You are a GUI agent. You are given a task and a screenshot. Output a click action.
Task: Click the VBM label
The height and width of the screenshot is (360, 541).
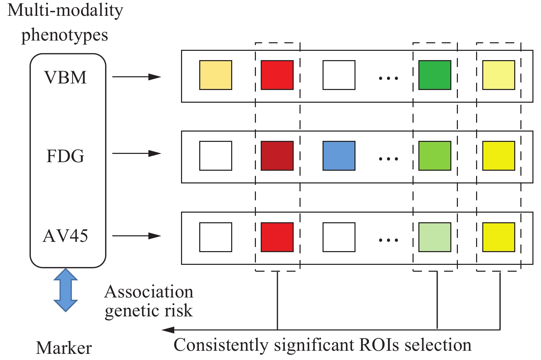(66, 77)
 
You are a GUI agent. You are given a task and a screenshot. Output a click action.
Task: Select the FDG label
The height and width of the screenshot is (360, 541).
(65, 156)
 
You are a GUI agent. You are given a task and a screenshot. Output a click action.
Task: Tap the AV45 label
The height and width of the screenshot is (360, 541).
(65, 236)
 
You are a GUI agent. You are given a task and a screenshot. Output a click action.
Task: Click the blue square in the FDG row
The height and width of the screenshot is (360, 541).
(339, 156)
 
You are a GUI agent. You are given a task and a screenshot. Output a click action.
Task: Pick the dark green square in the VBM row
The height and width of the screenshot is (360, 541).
(435, 75)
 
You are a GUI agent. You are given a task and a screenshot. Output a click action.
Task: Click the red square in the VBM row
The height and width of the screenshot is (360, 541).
(277, 75)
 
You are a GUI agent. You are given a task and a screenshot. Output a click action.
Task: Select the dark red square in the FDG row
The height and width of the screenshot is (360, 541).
(277, 156)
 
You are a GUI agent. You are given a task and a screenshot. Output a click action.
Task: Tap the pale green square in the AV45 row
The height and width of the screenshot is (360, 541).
(435, 237)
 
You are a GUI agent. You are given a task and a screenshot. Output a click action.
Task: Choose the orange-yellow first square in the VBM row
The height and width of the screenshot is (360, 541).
(216, 75)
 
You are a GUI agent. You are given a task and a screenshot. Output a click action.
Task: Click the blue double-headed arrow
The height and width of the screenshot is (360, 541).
(66, 290)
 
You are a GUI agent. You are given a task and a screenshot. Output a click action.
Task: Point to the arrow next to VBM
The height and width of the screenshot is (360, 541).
(136, 77)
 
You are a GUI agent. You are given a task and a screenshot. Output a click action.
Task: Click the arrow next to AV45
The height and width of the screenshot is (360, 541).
(136, 236)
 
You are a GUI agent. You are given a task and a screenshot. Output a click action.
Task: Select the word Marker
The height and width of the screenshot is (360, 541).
(64, 348)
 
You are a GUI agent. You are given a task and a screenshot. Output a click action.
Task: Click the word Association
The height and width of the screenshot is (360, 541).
(149, 292)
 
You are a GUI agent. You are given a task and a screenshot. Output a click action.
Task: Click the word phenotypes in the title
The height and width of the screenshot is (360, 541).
(65, 35)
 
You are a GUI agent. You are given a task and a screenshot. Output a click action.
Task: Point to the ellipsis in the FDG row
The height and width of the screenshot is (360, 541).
(388, 159)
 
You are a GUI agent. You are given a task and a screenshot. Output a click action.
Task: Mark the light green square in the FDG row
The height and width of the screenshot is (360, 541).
(435, 156)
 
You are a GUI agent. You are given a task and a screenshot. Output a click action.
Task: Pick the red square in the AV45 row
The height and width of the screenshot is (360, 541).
(277, 237)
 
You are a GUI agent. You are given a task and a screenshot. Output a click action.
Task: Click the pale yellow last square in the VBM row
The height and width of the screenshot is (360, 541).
(499, 75)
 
